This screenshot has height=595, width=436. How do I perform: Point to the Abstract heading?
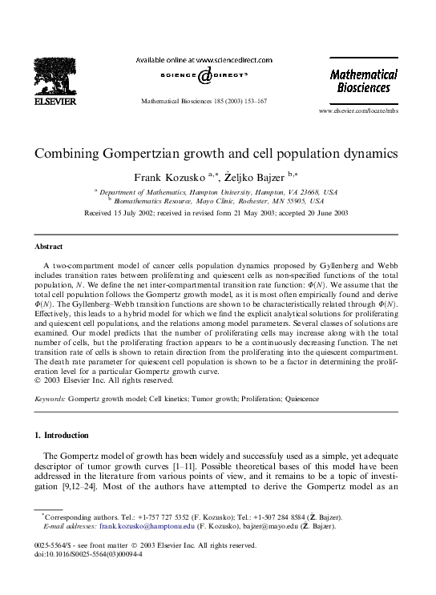[48, 247]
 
